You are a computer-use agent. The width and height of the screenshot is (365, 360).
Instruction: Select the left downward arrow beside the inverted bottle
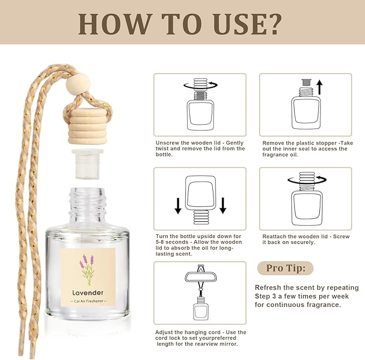178,205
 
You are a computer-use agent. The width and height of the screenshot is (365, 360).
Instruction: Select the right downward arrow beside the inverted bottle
223,205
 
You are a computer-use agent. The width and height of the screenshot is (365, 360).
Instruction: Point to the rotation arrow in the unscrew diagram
199,84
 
